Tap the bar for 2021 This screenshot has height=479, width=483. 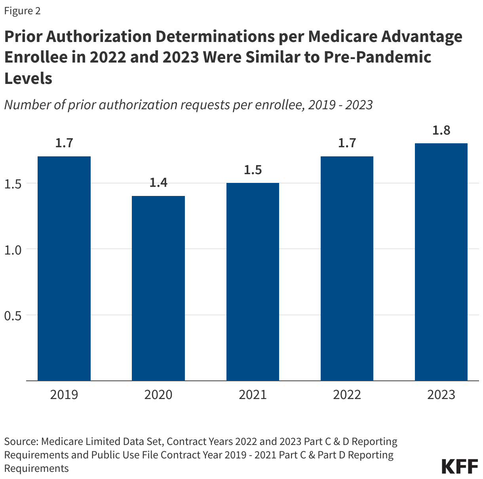[x=253, y=281]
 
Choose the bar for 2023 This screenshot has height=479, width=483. [x=441, y=262]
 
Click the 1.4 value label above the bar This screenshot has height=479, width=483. [x=158, y=182]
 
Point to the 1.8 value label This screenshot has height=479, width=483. [x=441, y=130]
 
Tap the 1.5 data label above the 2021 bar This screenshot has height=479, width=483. [x=253, y=169]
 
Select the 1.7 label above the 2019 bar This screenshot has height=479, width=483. [x=64, y=143]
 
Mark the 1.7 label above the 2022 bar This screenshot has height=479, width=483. [x=347, y=143]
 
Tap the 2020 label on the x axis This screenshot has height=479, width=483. [x=158, y=395]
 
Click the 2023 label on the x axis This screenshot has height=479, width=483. [x=441, y=395]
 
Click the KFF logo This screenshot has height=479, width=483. [x=460, y=466]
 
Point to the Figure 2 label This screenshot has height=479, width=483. [x=22, y=11]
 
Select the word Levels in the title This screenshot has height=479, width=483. [x=28, y=78]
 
